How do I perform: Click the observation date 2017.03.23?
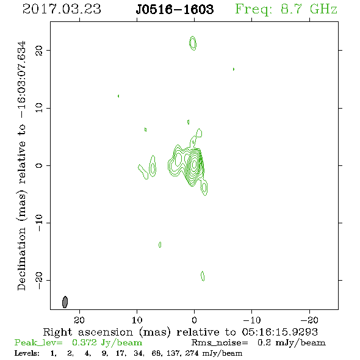click(62, 9)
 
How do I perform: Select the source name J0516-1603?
click(175, 10)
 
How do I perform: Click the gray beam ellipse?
click(65, 302)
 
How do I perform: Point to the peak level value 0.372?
click(84, 342)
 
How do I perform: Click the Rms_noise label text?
click(220, 343)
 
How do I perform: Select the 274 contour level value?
click(192, 353)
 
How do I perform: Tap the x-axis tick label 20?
click(79, 320)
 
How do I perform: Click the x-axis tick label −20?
click(309, 320)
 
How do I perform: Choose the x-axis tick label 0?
click(194, 320)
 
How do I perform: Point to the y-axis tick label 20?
click(39, 50)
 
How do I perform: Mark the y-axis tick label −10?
click(39, 223)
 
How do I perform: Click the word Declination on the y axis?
click(21, 259)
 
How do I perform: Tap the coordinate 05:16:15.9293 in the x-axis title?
click(279, 332)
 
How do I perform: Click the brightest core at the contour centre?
click(194, 164)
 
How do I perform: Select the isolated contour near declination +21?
click(193, 43)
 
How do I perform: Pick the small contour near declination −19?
click(203, 276)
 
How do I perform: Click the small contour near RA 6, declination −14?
click(160, 245)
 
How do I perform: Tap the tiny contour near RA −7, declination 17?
click(234, 69)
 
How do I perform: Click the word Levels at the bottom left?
click(27, 353)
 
